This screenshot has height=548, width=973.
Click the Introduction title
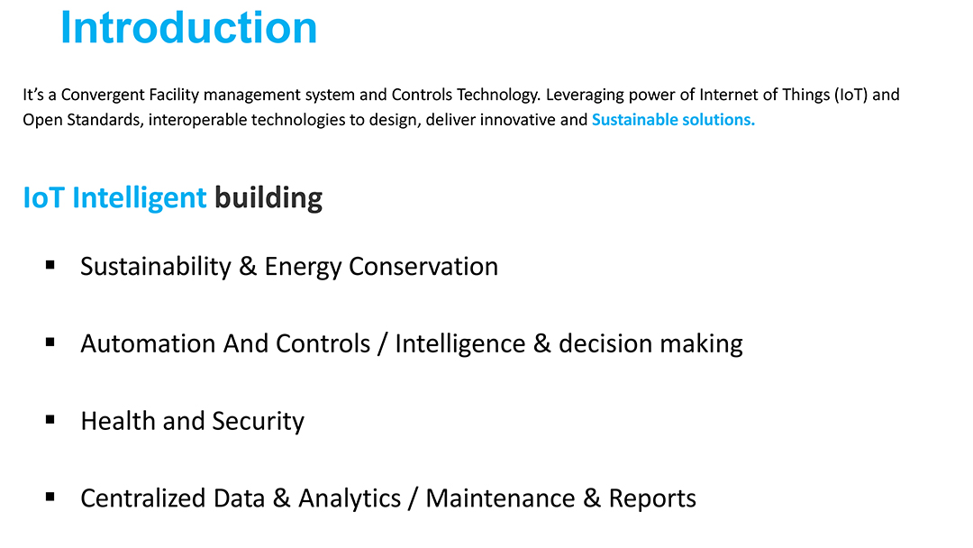pos(188,28)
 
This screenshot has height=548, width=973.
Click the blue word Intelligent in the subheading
pos(139,198)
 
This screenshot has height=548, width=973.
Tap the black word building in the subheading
pos(268,198)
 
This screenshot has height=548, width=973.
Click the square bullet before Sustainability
pos(50,265)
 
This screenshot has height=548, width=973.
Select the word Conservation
pos(423,266)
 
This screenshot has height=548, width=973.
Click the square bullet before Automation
pos(50,342)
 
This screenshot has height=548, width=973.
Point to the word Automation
pos(148,343)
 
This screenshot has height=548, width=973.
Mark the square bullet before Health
pos(50,419)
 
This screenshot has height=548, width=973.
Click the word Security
pos(259,422)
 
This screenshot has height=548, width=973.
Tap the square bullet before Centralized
pos(50,497)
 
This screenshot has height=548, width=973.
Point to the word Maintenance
pos(501,498)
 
